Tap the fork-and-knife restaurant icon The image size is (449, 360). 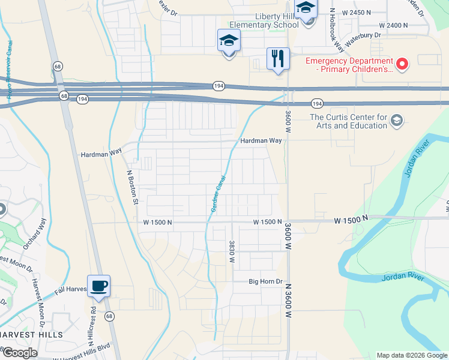click(278, 59)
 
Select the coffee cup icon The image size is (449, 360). click(99, 286)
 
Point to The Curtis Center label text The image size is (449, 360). click(348, 121)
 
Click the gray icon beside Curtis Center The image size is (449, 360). click(396, 122)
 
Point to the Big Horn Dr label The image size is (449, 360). click(266, 281)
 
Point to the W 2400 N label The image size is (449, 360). click(393, 25)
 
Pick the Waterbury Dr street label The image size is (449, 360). click(362, 35)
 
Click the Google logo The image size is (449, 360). click(20, 353)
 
